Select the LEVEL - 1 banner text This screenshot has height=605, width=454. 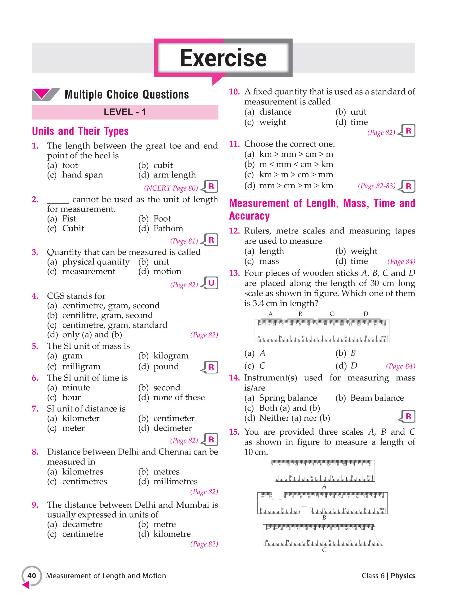click(x=125, y=112)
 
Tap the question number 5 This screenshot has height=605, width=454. click(x=35, y=346)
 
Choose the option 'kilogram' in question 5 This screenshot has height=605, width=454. click(x=171, y=356)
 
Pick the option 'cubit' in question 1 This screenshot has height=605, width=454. click(x=163, y=165)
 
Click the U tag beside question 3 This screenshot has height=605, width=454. click(x=211, y=283)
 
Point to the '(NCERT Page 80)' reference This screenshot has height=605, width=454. click(x=171, y=188)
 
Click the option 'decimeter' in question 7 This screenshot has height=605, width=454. click(x=172, y=428)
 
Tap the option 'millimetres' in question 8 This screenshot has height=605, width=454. click(x=175, y=481)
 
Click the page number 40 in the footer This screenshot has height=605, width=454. click(x=32, y=575)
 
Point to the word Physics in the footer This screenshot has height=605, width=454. click(x=403, y=575)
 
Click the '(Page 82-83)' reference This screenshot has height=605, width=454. click(x=376, y=186)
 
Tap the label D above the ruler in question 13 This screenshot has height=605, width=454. click(x=366, y=314)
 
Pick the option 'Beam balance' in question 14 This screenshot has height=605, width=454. click(x=377, y=398)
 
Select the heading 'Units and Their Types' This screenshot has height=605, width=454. click(x=80, y=131)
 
